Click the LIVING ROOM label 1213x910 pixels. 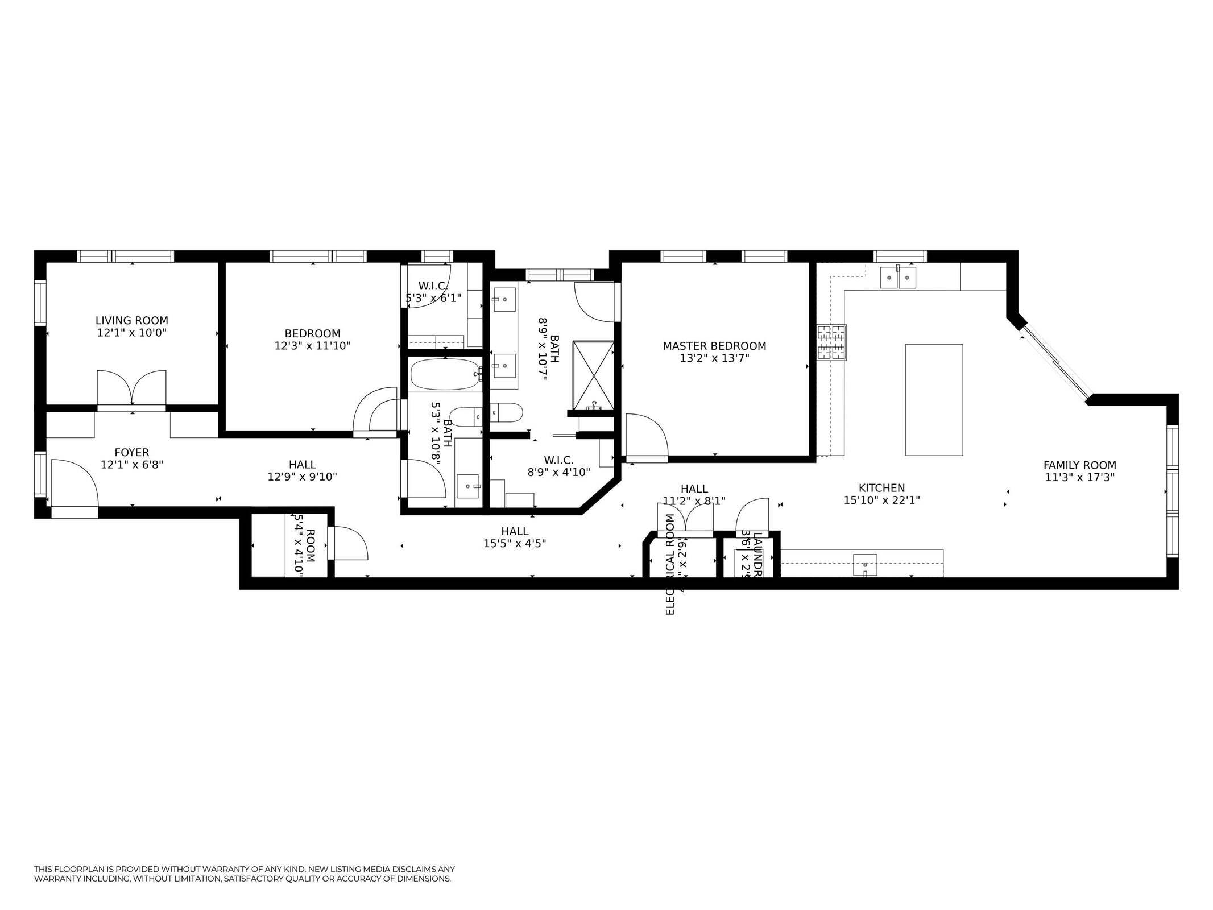(131, 320)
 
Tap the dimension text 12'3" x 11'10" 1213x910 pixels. (312, 345)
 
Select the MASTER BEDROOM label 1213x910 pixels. (714, 346)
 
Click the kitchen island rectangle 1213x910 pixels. (933, 399)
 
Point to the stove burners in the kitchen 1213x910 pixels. (831, 342)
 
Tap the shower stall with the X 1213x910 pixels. (593, 375)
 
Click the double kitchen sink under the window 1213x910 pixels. (898, 278)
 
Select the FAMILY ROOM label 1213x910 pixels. (1079, 465)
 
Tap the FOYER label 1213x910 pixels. (131, 452)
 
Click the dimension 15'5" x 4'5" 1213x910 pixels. (514, 543)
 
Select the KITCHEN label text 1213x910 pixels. (881, 487)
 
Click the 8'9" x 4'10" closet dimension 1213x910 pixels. (558, 471)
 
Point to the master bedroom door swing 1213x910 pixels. (645, 435)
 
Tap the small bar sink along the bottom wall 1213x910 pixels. (864, 565)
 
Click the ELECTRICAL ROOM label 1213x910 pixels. (669, 564)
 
